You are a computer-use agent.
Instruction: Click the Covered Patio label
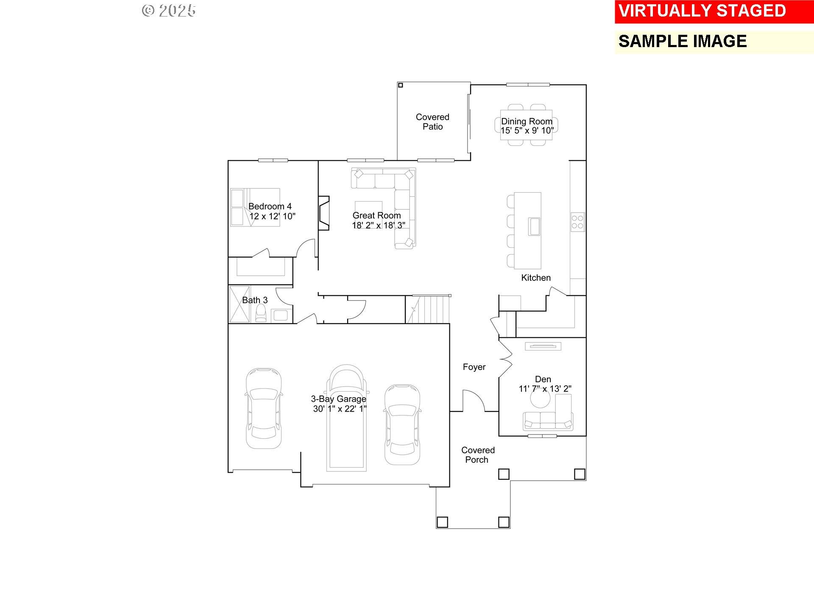[432, 122]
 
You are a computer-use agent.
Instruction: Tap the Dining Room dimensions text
[527, 131]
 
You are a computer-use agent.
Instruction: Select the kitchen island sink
[534, 226]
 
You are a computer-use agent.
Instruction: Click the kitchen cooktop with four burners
[577, 222]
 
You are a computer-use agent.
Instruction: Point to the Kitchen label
[536, 278]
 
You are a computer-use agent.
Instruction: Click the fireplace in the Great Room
[324, 213]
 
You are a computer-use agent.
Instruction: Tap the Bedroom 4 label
[270, 207]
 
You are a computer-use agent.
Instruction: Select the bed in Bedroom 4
[255, 207]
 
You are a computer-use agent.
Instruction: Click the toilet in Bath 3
[261, 313]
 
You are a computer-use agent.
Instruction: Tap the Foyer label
[474, 367]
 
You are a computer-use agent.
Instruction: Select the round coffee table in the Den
[541, 398]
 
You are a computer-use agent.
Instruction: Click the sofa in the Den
[548, 421]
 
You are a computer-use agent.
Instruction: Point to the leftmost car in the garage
[263, 408]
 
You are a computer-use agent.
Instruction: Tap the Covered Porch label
[478, 455]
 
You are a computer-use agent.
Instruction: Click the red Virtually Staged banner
[714, 11]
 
